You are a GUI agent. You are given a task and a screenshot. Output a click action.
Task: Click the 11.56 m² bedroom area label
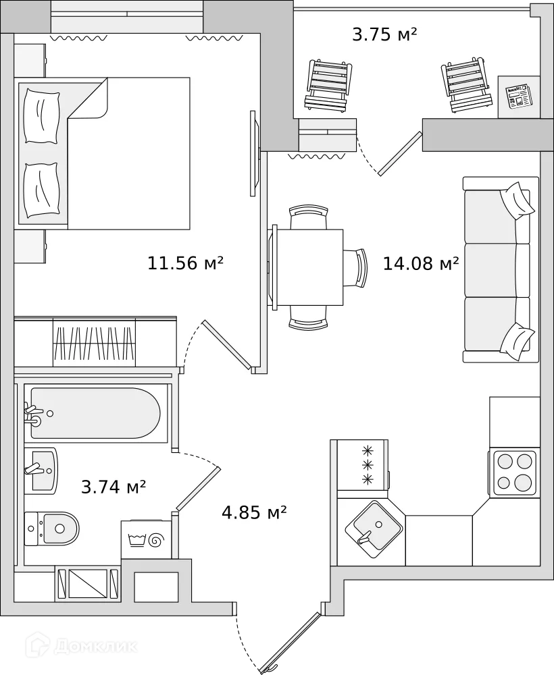[185, 263]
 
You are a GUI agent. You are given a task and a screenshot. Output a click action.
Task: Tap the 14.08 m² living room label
[421, 263]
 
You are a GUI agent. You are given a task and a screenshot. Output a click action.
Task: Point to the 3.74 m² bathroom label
[114, 486]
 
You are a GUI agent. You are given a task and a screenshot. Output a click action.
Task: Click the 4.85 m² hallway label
[254, 513]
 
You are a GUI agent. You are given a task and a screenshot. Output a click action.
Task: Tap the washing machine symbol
[147, 540]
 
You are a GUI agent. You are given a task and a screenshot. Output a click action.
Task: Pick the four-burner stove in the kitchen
[514, 472]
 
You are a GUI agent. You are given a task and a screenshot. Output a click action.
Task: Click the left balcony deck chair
[330, 86]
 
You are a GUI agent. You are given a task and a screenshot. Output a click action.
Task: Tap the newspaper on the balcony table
[520, 97]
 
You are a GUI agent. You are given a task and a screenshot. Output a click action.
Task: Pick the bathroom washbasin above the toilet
[41, 470]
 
